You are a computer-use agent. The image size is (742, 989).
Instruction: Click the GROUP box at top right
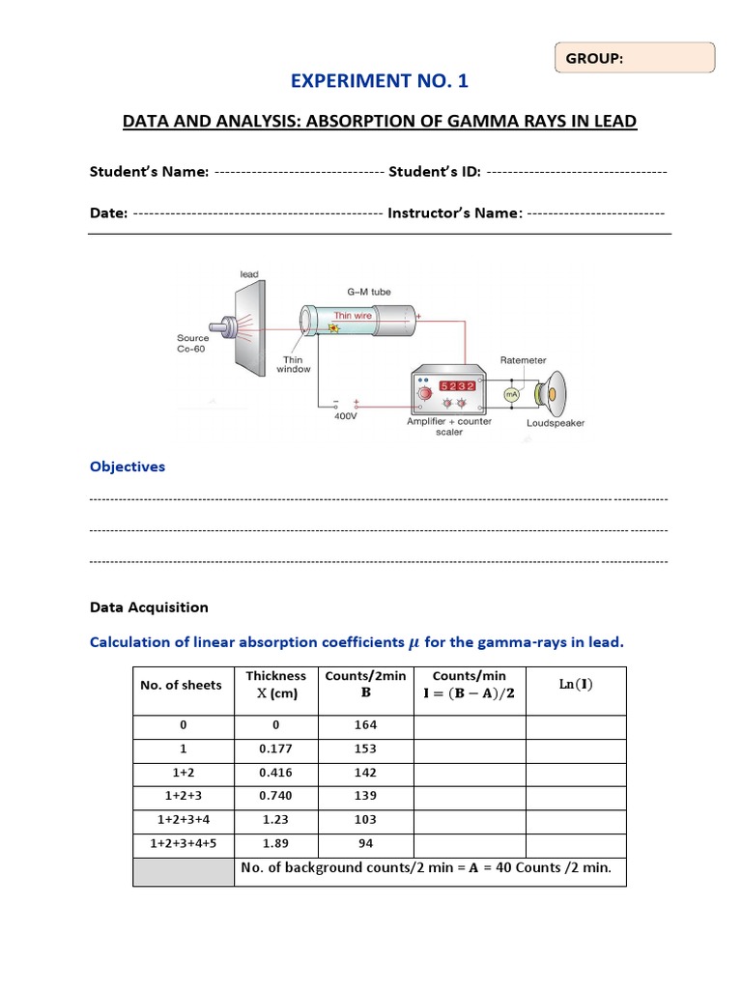pos(635,58)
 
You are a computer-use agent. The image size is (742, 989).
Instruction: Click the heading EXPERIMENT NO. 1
pos(379,81)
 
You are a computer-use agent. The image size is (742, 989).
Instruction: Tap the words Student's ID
pos(434,171)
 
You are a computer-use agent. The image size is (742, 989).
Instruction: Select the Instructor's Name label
pos(455,212)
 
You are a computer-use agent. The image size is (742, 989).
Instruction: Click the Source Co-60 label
pos(192,343)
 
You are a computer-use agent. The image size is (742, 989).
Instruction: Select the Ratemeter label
pos(523,360)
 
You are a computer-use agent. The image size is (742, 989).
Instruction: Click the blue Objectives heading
pos(128,466)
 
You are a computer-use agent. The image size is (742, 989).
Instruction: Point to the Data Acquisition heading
pos(149,608)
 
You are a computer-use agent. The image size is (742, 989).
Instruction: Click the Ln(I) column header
pos(576,685)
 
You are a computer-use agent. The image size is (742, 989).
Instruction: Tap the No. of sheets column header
pos(181,685)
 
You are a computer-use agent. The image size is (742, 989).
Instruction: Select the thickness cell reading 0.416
pos(276,773)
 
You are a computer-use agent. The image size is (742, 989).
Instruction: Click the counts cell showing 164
pos(365,724)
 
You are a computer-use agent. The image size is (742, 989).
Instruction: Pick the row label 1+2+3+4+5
pos(184,843)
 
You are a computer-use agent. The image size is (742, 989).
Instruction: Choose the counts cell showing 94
pos(365,843)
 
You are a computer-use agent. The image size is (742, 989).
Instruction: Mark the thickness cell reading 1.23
pos(276,819)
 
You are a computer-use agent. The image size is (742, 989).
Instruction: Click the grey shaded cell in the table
pos(184,871)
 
